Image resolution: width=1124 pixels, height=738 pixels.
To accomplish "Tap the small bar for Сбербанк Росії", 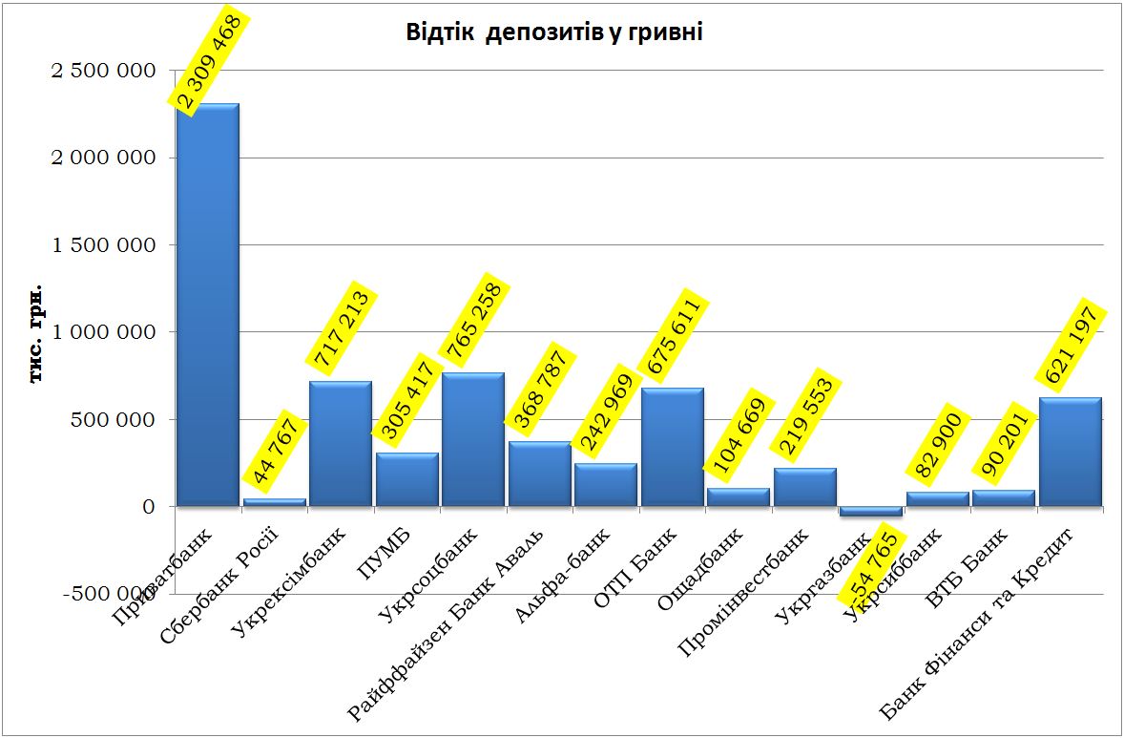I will [275, 501].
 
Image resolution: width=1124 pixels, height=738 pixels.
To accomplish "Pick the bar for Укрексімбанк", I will [341, 444].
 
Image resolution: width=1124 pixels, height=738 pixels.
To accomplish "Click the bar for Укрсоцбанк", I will [473, 439].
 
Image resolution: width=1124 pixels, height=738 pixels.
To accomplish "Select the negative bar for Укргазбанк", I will [871, 511].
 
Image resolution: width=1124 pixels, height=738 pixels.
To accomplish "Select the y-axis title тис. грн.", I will [36, 332].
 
